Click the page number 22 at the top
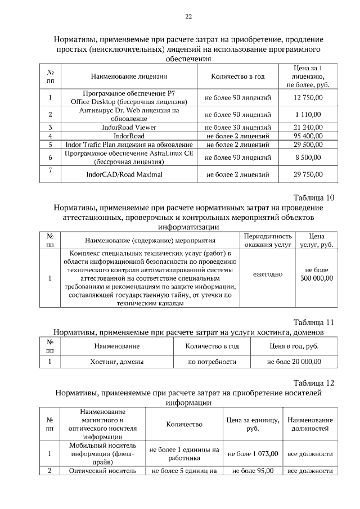(x=188, y=16)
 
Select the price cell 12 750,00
(x=308, y=97)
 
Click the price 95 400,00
(x=308, y=136)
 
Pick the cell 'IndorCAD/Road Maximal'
(x=124, y=174)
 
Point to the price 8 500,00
(x=308, y=157)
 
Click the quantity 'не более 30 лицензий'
(x=238, y=127)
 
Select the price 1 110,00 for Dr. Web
(x=308, y=114)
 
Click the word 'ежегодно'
(x=268, y=274)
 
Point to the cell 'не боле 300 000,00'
(x=316, y=274)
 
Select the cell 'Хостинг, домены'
(x=117, y=361)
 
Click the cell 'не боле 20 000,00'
(x=294, y=361)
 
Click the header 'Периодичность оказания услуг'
(x=268, y=240)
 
